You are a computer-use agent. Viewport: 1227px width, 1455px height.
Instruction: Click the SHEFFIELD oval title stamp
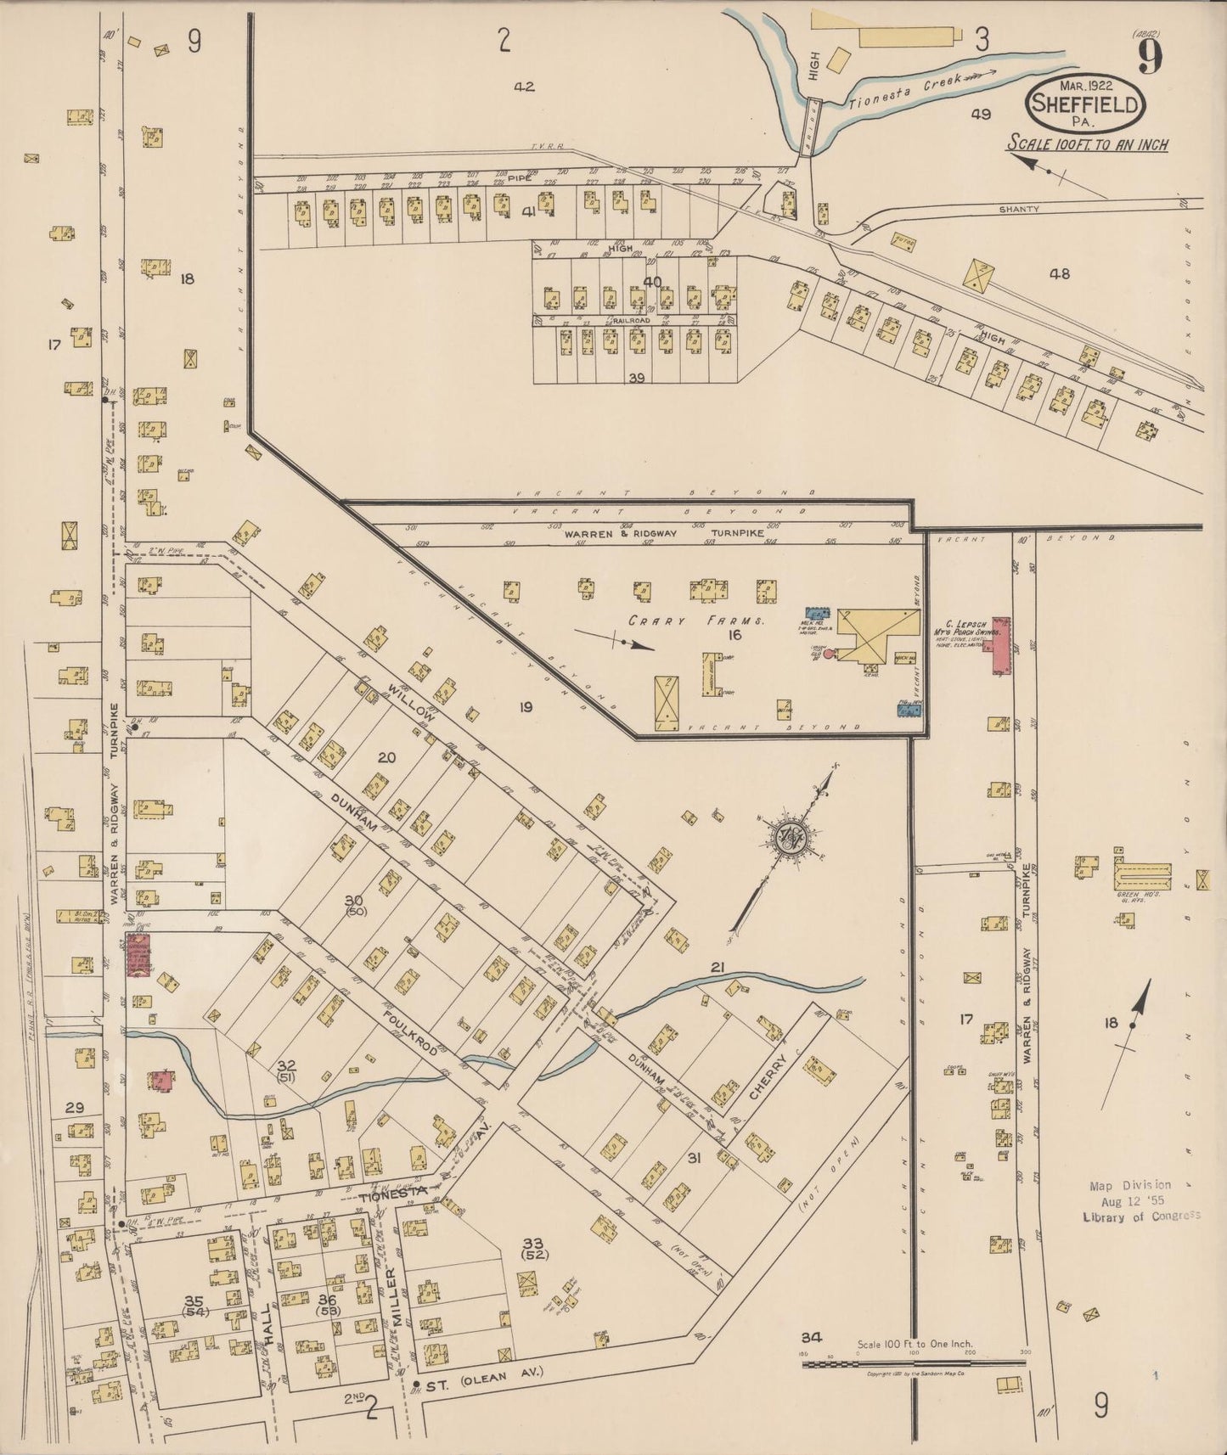pyautogui.click(x=1086, y=104)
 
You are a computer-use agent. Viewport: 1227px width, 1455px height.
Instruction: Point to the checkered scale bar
pyautogui.click(x=912, y=1364)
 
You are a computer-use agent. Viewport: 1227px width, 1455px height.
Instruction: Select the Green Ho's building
pyautogui.click(x=1142, y=876)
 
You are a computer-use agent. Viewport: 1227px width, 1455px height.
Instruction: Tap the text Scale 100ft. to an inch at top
pyautogui.click(x=1087, y=144)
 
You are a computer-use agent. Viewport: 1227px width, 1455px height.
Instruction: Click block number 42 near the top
pyautogui.click(x=524, y=86)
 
